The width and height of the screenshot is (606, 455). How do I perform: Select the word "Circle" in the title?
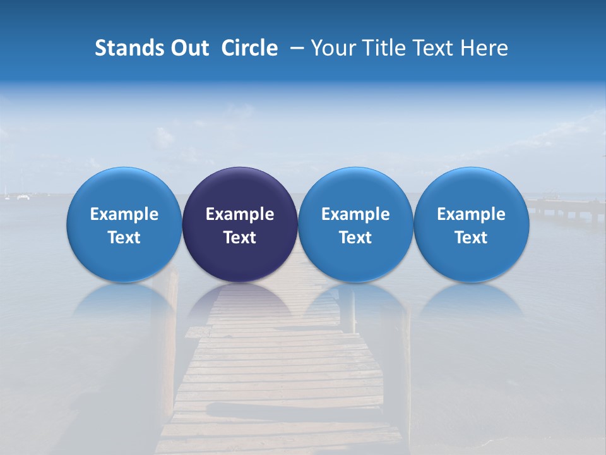[249, 48]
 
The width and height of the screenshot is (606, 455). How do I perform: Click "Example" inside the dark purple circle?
[240, 214]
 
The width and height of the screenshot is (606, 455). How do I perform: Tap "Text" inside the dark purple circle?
[240, 238]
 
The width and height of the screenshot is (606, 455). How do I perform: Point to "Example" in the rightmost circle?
[471, 214]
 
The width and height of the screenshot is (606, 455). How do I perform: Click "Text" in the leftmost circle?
[124, 238]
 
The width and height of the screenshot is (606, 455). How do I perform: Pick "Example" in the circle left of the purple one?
[124, 214]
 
